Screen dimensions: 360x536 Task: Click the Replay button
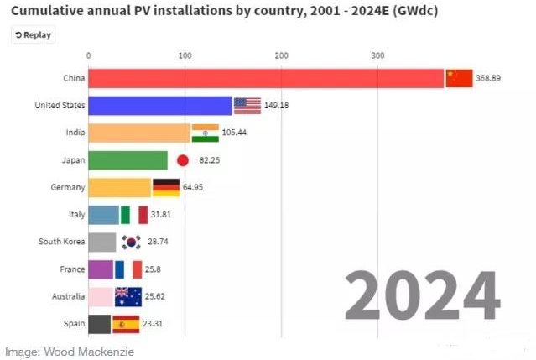33,35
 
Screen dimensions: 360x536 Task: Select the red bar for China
266,79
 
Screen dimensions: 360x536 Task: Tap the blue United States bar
160,106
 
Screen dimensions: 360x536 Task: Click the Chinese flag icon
459,79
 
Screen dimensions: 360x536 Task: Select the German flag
166,187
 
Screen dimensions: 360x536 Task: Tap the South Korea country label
60,242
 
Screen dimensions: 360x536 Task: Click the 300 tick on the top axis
377,55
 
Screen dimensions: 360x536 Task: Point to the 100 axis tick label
185,55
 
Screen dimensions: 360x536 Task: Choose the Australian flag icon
128,296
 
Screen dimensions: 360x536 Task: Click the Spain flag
126,323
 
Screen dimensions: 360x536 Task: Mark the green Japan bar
127,160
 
